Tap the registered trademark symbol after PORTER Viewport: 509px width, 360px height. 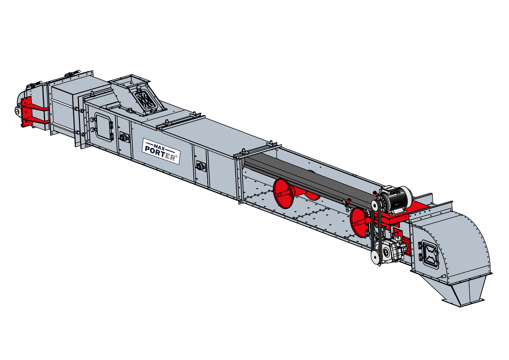coord(177,157)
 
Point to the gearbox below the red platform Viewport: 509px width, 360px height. coord(390,250)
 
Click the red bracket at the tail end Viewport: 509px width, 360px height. coord(32,113)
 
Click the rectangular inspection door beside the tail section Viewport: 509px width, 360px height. coord(104,127)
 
